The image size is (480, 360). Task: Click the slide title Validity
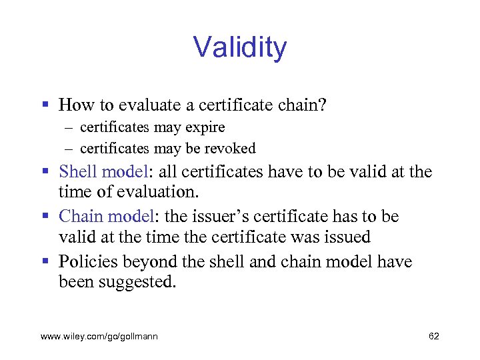click(240, 48)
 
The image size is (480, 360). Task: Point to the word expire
click(205, 127)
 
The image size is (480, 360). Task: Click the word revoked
click(233, 148)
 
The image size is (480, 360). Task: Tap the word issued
click(347, 238)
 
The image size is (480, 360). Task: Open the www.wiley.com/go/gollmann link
click(99, 337)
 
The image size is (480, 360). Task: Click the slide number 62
click(433, 337)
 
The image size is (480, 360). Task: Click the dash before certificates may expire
click(69, 127)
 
